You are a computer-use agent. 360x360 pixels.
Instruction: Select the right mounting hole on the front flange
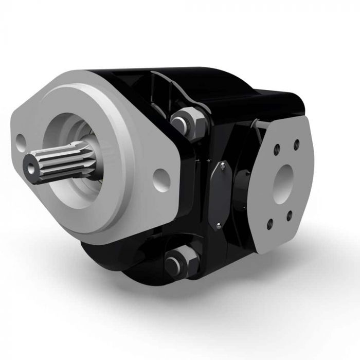click(x=163, y=177)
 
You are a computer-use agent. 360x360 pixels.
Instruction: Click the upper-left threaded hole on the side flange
click(x=277, y=150)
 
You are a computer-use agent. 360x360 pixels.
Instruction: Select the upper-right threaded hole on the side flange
click(x=297, y=145)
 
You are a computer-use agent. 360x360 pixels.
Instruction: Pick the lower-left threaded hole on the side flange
click(x=269, y=225)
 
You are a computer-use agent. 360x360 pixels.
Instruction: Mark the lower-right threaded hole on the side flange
click(x=289, y=216)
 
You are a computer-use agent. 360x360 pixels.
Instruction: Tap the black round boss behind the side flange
click(x=242, y=190)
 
